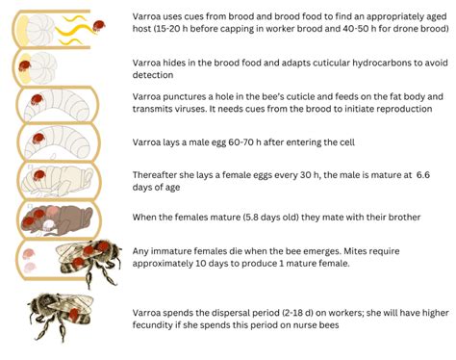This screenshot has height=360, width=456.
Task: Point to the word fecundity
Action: tap(159, 324)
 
